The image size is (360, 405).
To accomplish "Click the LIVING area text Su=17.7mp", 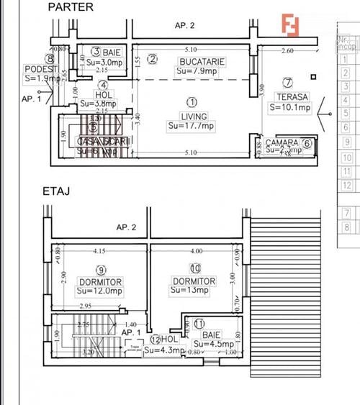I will click(x=192, y=126).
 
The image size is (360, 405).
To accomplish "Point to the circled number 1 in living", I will click(x=192, y=102).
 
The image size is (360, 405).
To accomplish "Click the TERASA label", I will click(x=290, y=97).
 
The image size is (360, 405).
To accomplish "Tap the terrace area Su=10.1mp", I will click(x=290, y=108).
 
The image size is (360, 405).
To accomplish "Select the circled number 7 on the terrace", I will click(x=288, y=83).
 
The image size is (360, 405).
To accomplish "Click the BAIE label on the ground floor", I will click(x=111, y=53).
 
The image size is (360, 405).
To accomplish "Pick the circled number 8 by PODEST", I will click(x=49, y=60).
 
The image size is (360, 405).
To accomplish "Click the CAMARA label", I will click(x=282, y=142).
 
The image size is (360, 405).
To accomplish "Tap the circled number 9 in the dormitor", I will click(x=101, y=270).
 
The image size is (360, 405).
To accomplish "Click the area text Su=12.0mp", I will click(x=100, y=291).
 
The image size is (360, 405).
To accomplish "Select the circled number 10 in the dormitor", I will click(x=195, y=268).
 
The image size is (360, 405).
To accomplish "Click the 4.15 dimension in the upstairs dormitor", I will click(x=99, y=252).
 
